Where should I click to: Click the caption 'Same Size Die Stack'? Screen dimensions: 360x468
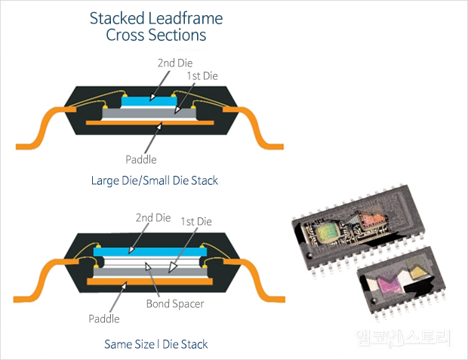pyautogui.click(x=156, y=344)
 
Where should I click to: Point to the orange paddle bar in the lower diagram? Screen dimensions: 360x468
pyautogui.click(x=148, y=281)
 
